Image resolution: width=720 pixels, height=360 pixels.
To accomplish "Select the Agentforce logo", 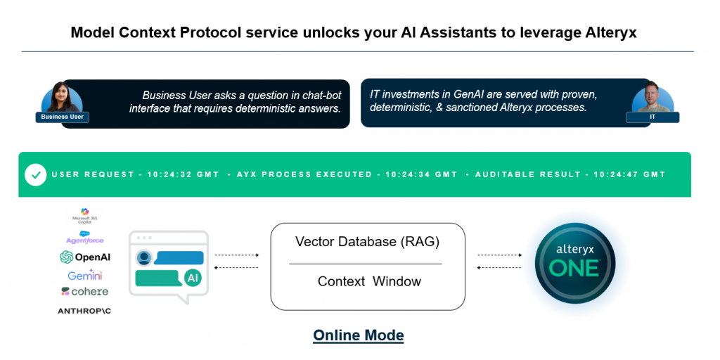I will (84, 237).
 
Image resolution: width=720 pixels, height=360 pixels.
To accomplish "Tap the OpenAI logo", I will (85, 257).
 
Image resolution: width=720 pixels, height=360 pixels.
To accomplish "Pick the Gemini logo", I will (85, 275).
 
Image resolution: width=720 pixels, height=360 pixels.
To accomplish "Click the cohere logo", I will (84, 291).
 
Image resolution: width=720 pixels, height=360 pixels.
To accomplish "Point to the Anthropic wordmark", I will (84, 310).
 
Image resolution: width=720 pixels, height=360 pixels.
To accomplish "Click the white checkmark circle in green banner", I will (35, 174).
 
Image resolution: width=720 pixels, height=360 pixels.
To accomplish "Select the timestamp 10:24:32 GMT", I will (183, 174).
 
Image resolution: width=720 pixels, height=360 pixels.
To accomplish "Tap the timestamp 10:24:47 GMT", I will (629, 174).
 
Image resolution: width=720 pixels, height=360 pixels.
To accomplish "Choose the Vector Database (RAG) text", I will (367, 242).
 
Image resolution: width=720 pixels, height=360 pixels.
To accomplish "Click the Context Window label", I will (369, 281).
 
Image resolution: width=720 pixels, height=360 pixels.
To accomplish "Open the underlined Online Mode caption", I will (359, 335).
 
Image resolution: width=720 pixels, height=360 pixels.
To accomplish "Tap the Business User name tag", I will (63, 117).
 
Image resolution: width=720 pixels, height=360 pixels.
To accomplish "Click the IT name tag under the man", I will (652, 117).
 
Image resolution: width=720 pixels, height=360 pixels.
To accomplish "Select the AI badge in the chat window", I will (192, 278).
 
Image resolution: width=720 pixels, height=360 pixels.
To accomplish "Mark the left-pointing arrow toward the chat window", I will (236, 268).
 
